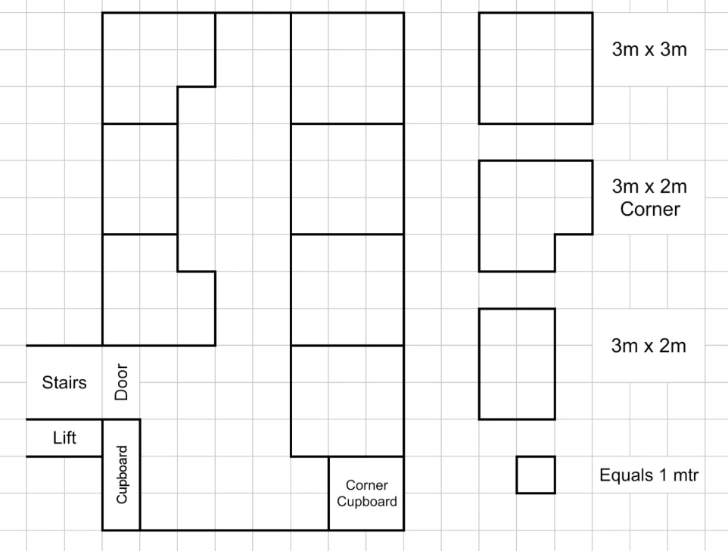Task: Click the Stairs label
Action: click(64, 382)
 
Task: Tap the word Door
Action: click(121, 381)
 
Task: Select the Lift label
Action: click(64, 437)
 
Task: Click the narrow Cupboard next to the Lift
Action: click(121, 475)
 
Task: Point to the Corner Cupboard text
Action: click(367, 493)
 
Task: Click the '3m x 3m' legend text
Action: click(649, 49)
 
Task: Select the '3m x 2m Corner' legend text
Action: click(649, 198)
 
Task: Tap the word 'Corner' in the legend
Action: click(650, 209)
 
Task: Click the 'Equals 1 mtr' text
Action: click(649, 475)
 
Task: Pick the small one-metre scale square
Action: click(536, 475)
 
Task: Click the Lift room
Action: click(64, 437)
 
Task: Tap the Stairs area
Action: click(64, 382)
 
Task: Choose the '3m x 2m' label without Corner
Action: click(649, 346)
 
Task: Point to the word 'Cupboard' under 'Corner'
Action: click(367, 501)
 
